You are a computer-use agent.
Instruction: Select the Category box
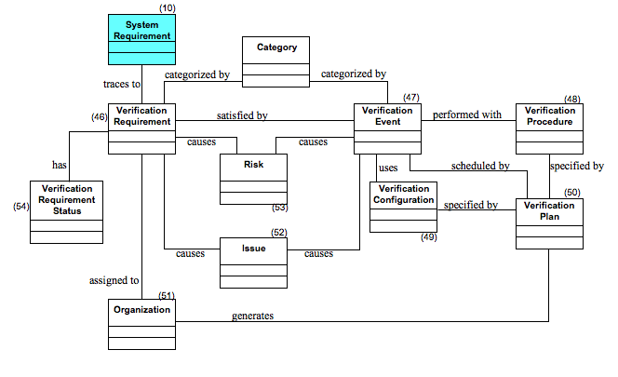pos(275,61)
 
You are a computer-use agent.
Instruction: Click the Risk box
pos(253,178)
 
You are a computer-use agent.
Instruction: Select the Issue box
pos(253,263)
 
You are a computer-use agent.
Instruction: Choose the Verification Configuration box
pos(403,207)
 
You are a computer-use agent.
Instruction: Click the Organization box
pos(141,323)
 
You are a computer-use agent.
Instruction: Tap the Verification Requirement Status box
pos(66,211)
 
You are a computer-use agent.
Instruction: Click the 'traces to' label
pos(122,84)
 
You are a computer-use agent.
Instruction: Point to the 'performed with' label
pos(466,115)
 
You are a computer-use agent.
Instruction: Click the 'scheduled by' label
pos(479,166)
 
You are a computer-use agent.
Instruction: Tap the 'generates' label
pos(252,316)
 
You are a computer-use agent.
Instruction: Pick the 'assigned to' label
pos(114,279)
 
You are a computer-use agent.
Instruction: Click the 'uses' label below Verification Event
pos(388,168)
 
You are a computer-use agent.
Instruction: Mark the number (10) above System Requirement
pos(167,7)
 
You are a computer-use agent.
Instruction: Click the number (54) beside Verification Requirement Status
pos(20,205)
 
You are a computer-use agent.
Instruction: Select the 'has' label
pos(60,165)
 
